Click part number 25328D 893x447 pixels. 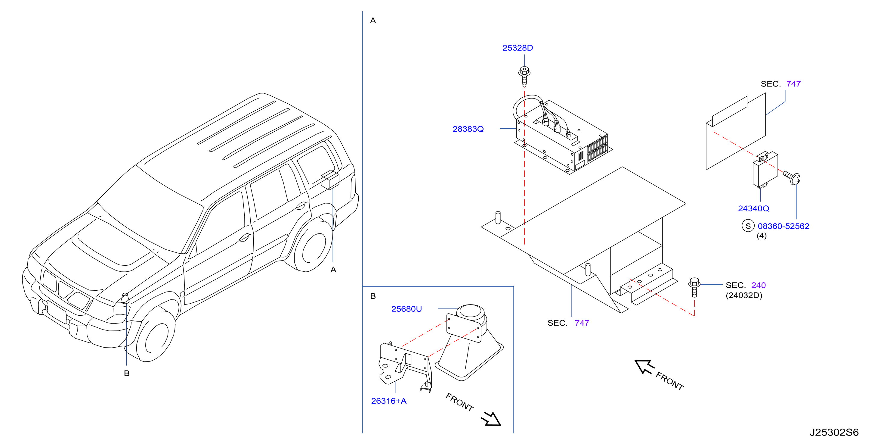pyautogui.click(x=518, y=48)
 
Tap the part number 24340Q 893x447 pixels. pyautogui.click(x=753, y=208)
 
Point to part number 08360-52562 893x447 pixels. pyautogui.click(x=783, y=226)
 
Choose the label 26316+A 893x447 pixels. pyautogui.click(x=389, y=401)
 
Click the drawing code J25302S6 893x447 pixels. pyautogui.click(x=834, y=433)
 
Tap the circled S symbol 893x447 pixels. pyautogui.click(x=748, y=226)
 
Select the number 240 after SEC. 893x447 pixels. pyautogui.click(x=759, y=285)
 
